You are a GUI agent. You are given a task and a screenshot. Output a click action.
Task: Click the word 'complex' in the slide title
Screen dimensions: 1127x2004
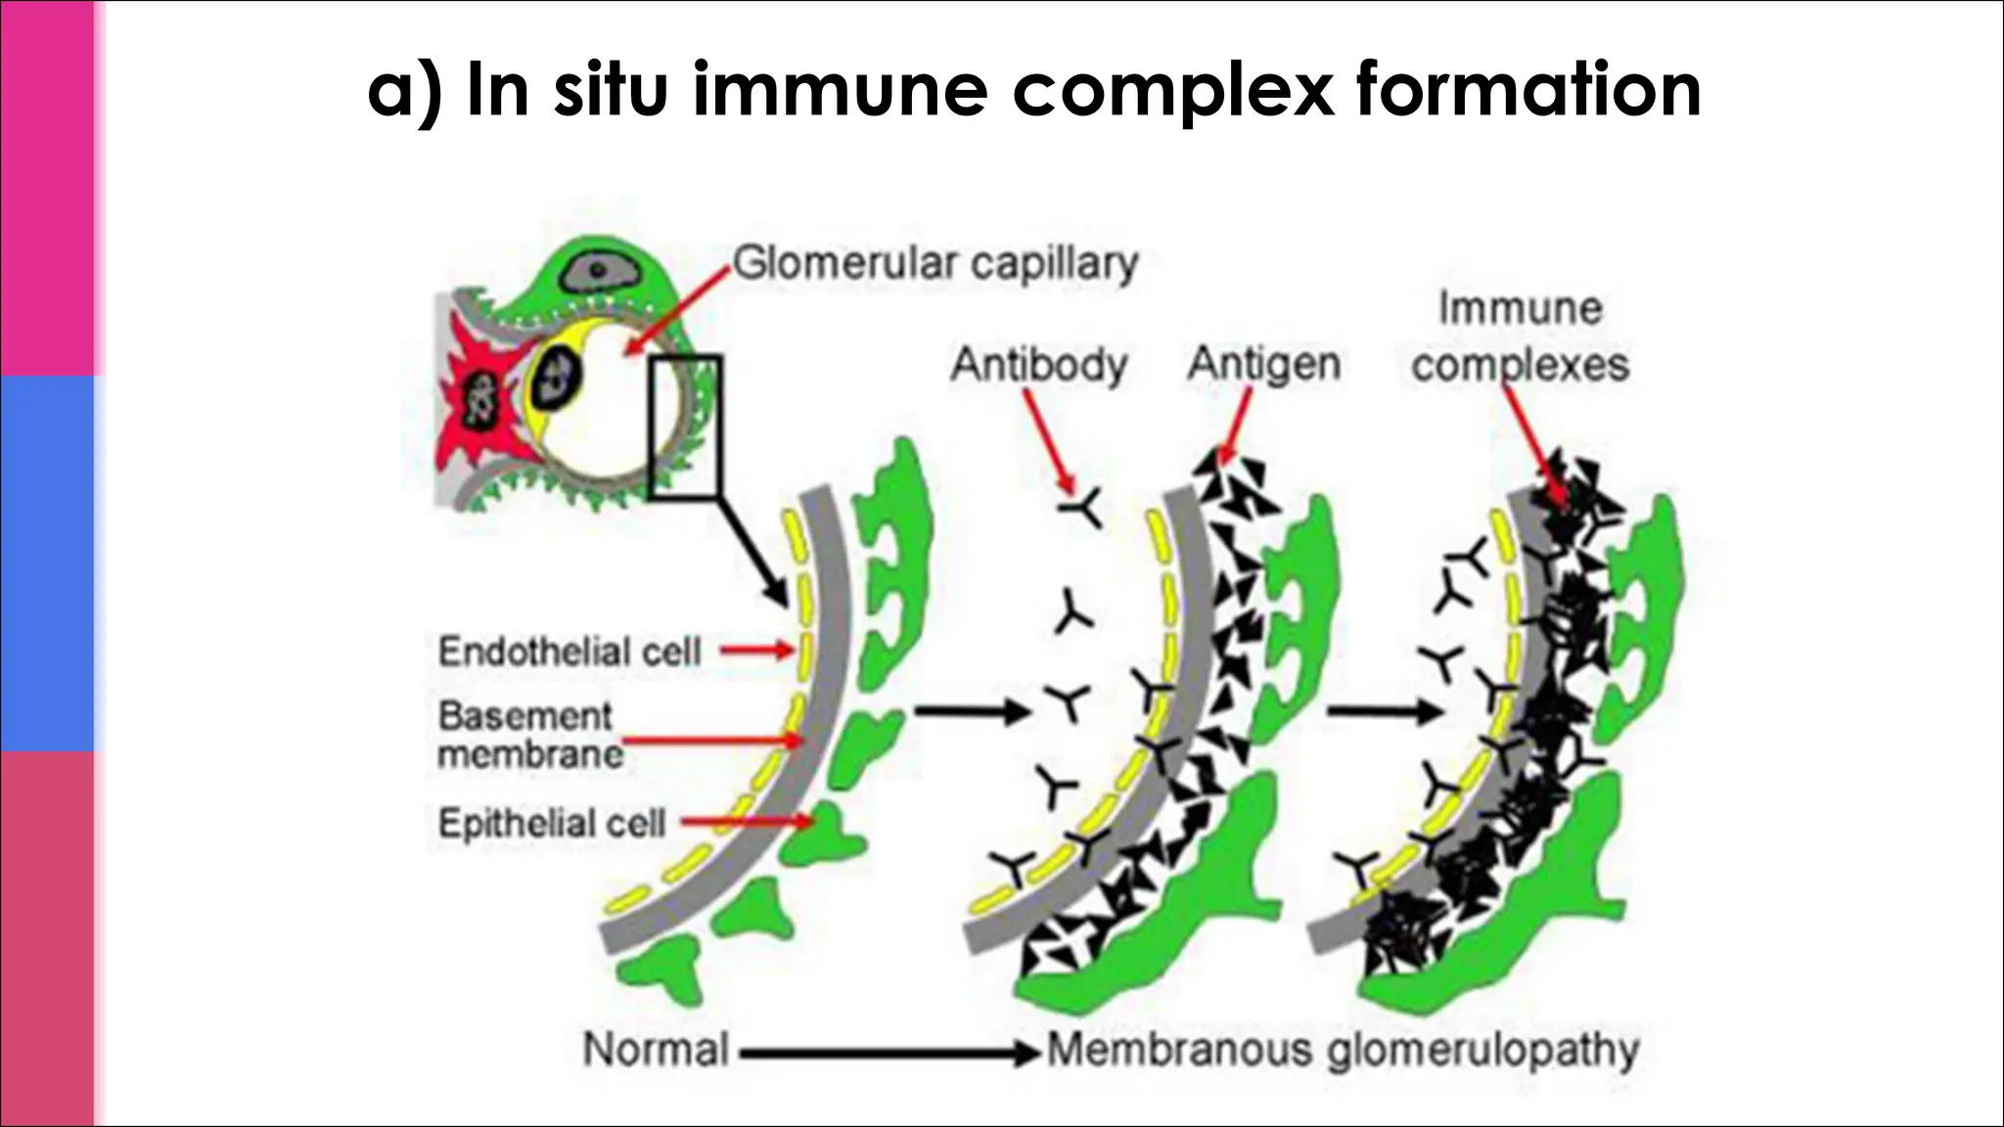(1172, 90)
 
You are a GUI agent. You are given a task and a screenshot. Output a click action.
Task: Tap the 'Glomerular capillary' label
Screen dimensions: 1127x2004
(935, 263)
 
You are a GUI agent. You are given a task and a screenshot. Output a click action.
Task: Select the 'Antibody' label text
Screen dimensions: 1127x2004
(1039, 365)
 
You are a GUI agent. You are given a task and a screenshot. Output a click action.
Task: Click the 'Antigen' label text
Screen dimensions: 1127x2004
(1263, 365)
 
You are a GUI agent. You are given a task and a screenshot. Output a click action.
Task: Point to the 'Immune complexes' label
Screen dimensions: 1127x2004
(1520, 338)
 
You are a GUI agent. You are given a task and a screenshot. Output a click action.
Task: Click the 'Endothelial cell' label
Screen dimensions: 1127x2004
(569, 652)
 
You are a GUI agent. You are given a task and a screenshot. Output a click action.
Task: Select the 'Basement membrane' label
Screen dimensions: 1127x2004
(528, 735)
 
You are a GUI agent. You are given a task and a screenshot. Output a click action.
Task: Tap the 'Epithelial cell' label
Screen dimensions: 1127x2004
(552, 823)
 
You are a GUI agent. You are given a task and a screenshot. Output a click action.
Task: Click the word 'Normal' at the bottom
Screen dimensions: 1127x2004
(656, 1050)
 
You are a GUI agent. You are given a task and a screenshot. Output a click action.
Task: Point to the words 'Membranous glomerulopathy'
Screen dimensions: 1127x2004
(1343, 1051)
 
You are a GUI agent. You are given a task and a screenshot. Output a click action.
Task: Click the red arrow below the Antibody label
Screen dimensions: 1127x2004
(1049, 441)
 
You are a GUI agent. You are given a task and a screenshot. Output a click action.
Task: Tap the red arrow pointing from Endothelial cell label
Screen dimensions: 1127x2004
(757, 650)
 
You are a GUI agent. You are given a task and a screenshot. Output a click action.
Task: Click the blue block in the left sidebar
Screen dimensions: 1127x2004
(47, 563)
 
